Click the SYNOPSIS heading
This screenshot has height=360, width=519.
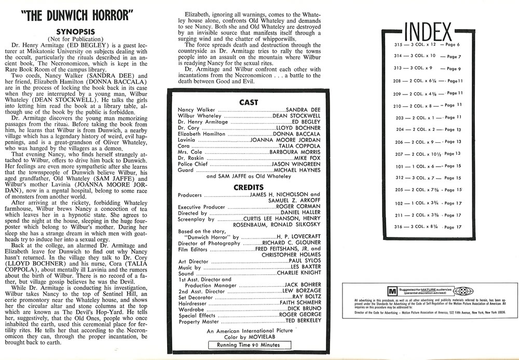(83, 31)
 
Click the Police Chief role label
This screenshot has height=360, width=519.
(193, 164)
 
